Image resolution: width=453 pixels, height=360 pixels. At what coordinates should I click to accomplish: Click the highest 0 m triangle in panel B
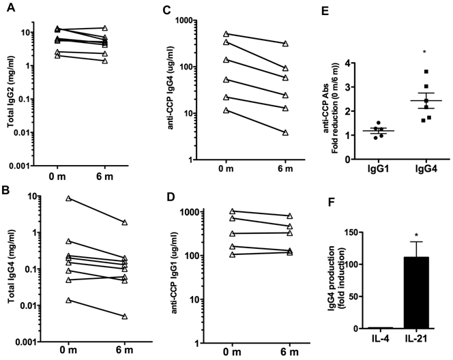69,198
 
